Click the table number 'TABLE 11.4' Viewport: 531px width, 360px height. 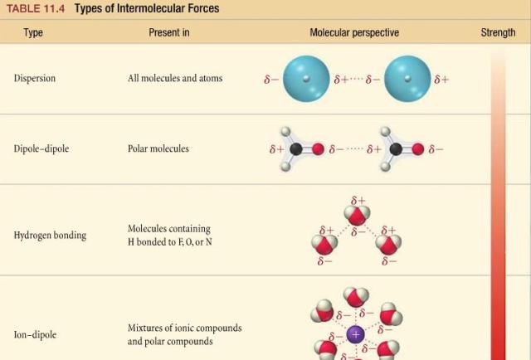point(36,8)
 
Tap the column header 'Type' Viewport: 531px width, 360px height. point(33,33)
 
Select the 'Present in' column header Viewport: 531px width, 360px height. point(169,32)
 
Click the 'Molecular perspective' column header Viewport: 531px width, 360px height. point(354,32)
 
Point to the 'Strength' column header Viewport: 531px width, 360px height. point(498,32)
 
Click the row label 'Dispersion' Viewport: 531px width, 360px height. point(35,78)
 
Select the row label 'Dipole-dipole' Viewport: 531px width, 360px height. point(41,148)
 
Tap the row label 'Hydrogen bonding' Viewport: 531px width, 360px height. point(50,236)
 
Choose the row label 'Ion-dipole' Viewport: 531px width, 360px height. point(35,334)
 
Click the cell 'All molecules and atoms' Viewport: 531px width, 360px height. point(175,78)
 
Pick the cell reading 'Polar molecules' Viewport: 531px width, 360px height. point(158,148)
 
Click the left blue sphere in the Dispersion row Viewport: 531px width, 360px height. point(306,79)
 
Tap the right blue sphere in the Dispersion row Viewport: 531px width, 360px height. point(407,79)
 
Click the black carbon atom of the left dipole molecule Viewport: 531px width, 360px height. point(296,149)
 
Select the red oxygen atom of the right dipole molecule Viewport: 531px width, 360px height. point(418,149)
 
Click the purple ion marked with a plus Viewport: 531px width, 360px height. point(356,334)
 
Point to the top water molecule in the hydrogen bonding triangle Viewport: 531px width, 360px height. point(357,214)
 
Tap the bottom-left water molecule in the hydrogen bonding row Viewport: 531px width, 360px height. point(324,244)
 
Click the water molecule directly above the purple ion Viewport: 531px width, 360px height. point(356,297)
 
